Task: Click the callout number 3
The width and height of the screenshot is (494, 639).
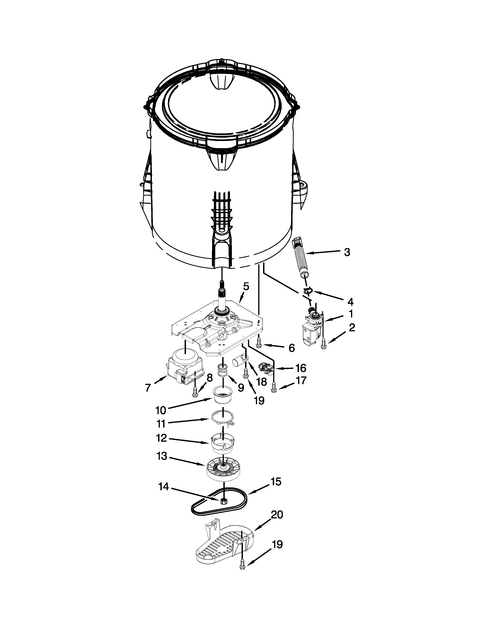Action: tap(347, 252)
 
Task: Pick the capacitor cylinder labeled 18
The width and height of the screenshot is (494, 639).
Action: tap(240, 362)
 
